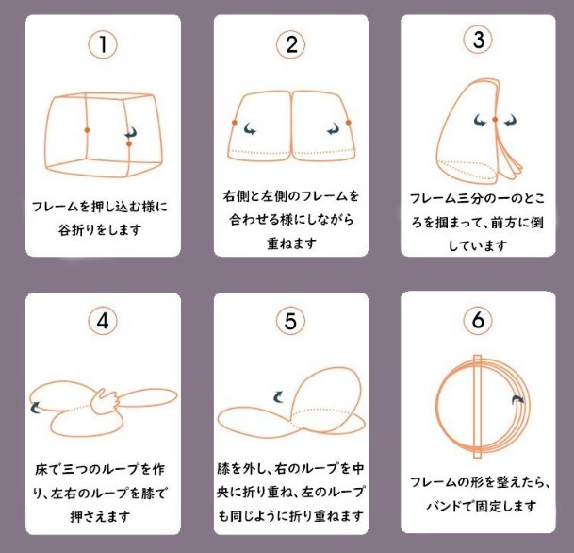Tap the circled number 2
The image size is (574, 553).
coord(291,43)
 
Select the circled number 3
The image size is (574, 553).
coord(478,41)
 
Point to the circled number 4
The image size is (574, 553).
coord(102,321)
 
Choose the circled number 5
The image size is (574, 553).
coord(291,321)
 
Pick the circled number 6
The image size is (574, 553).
coord(478,321)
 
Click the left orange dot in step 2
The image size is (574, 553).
coord(234,122)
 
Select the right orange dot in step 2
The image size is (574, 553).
coord(349,122)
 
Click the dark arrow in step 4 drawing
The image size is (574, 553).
coord(36,407)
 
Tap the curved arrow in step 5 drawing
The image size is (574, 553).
coord(278,398)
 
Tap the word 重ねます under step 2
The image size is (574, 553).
coord(290,243)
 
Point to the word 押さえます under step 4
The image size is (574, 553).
coord(102,517)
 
